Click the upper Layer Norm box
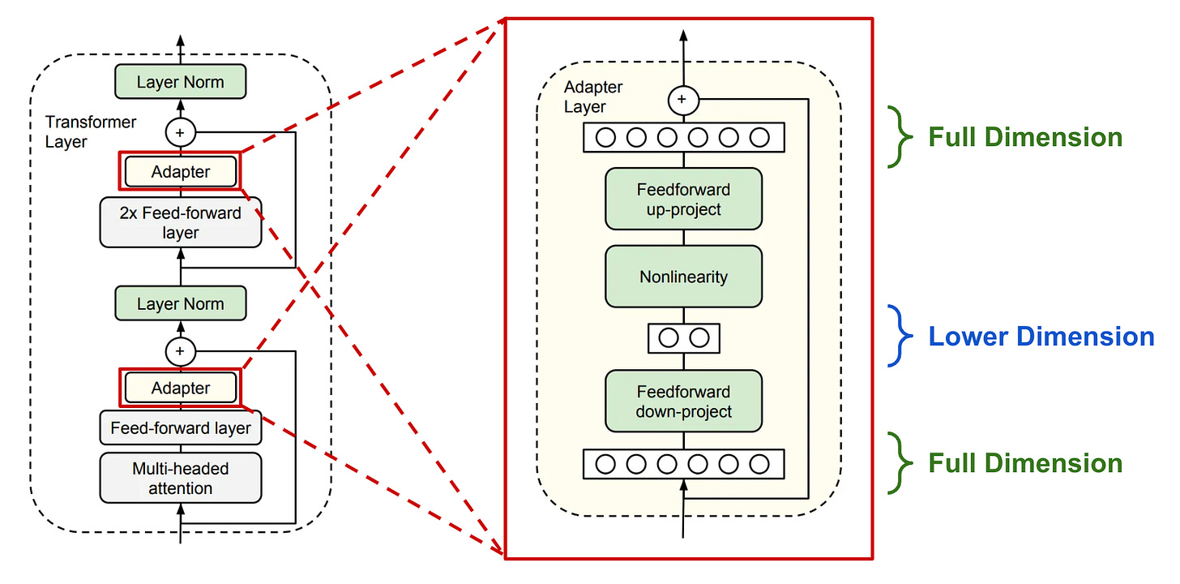[x=180, y=83]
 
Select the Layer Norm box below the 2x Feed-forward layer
[x=180, y=304]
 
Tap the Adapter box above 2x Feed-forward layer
[x=180, y=172]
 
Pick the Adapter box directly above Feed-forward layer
[x=180, y=389]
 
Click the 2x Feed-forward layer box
[x=180, y=222]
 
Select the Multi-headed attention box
[x=180, y=478]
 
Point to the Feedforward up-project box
[x=683, y=200]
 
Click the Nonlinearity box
[x=683, y=277]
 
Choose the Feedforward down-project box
[x=683, y=401]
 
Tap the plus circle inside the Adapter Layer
[x=682, y=100]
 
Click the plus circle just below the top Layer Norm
[x=180, y=131]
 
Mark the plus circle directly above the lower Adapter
[x=180, y=351]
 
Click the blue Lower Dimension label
[x=1041, y=336]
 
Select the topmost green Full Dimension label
[x=1024, y=137]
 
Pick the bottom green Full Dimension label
[x=1024, y=463]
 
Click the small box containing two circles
[x=683, y=337]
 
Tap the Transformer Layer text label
[x=91, y=132]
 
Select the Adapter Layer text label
[x=593, y=97]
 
